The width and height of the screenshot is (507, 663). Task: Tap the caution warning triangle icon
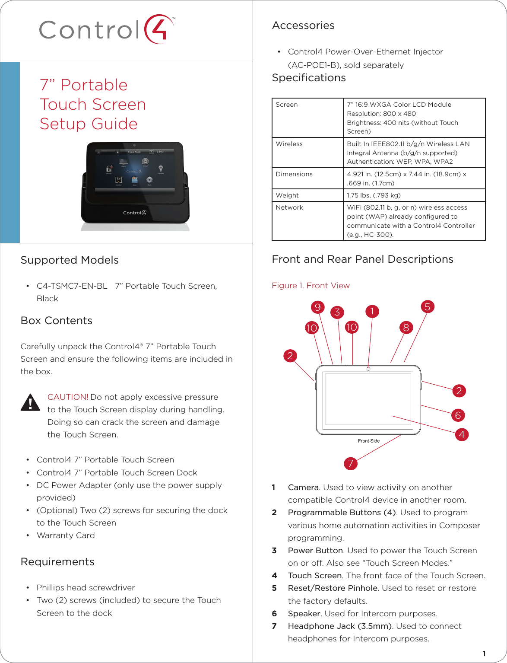pos(30,402)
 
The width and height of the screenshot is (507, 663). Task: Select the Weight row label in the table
pos(287,195)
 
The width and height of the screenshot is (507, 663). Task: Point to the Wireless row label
pos(289,144)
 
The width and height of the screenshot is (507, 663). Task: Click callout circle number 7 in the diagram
pos(351,464)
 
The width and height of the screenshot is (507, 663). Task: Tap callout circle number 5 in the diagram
pos(427,307)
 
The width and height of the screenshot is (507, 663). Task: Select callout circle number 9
pos(317,307)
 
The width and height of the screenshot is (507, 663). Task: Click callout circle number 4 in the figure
pos(462,434)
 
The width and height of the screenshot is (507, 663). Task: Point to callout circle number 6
pos(458,415)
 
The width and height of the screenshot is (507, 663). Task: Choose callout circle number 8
pos(406,328)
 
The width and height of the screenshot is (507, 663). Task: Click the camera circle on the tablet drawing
pos(368,369)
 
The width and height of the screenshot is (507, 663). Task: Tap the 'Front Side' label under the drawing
pos(369,441)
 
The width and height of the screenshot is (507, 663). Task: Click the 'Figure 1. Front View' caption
pos(311,286)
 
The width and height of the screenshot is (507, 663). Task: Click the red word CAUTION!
pos(68,397)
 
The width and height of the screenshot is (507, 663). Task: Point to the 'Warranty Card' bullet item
pos(66,535)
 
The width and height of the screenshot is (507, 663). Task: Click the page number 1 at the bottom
pos(484,653)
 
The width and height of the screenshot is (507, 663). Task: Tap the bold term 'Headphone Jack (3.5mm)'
pos(340,626)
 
